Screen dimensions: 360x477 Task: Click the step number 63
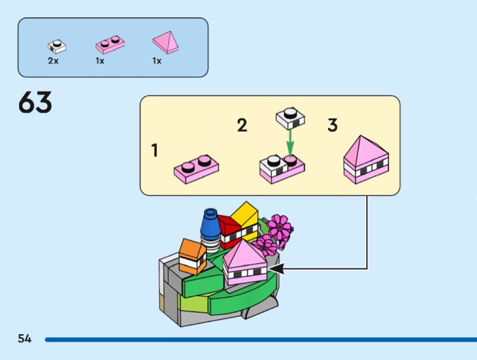pos(35,103)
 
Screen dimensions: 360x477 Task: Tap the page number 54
pos(25,338)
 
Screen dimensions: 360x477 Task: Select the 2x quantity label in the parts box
pos(53,61)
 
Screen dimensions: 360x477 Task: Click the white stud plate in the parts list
pos(56,46)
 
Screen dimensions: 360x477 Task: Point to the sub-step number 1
pos(154,150)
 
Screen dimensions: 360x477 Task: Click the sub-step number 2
pos(242,125)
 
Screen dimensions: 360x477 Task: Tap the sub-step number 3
pos(333,125)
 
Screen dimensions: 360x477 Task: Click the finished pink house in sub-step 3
pos(366,159)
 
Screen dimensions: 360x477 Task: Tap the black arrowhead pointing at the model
pos(278,269)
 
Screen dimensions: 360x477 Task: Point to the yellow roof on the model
pos(245,215)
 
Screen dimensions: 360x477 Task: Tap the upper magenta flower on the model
pos(279,227)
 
